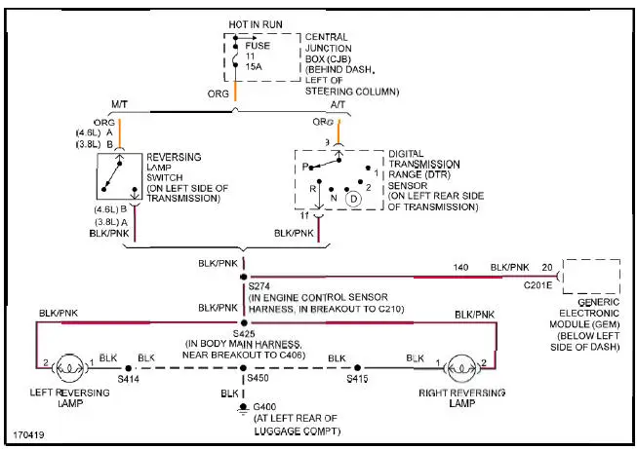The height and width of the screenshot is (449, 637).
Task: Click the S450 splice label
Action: coord(259,377)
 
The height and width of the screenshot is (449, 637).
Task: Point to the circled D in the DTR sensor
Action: coord(352,199)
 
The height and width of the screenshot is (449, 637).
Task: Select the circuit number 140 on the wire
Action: coord(462,266)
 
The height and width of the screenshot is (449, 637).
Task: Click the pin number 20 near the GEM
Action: coord(546,266)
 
